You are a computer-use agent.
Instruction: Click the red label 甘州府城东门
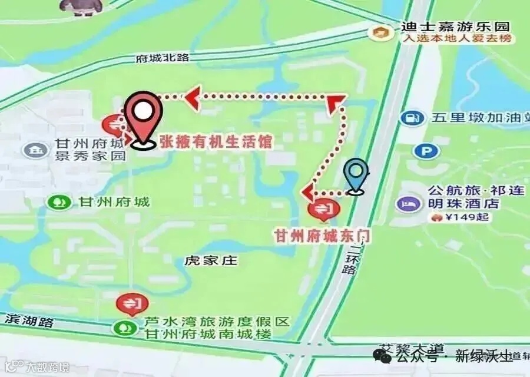click(323, 235)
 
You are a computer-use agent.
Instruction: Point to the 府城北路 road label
click(161, 58)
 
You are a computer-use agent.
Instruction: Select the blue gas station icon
click(412, 118)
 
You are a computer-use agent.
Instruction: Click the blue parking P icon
click(426, 151)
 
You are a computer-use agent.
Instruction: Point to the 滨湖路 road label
click(29, 321)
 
